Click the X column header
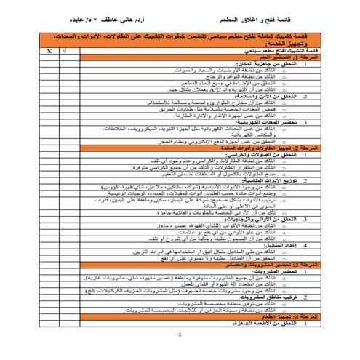[49, 52]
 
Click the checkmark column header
[65, 52]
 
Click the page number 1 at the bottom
[179, 335]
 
